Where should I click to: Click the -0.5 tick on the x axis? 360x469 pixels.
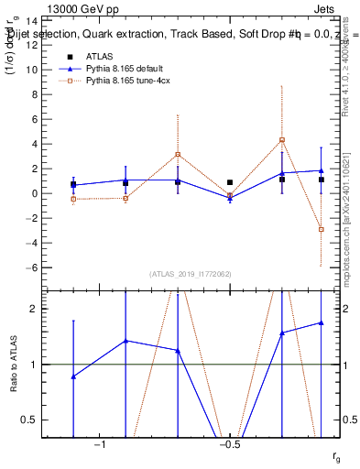click(230, 445)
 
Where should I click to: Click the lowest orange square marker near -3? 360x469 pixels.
click(322, 230)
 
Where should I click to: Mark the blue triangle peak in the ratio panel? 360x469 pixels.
click(322, 322)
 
